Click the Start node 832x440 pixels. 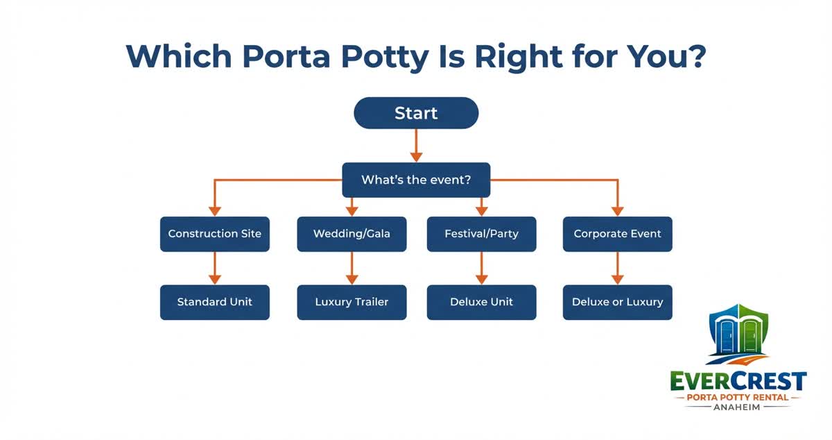click(416, 113)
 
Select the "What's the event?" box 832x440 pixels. click(416, 180)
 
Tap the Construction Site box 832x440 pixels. click(215, 234)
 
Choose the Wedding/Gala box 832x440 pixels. click(352, 234)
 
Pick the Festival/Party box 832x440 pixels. click(481, 234)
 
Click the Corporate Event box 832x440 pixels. click(617, 234)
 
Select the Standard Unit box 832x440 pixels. click(215, 302)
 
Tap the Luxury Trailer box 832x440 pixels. click(352, 302)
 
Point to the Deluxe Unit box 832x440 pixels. click(481, 302)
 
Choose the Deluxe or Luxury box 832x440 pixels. click(617, 302)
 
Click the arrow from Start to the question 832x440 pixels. click(416, 145)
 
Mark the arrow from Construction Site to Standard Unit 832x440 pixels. click(215, 268)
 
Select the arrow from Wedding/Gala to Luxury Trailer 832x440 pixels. click(352, 268)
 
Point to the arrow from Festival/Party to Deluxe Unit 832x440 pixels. click(481, 268)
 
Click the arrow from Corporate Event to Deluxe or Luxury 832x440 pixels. click(617, 268)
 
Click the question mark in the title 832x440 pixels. click(694, 56)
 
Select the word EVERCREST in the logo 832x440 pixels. click(738, 381)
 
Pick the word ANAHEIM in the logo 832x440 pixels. click(739, 407)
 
